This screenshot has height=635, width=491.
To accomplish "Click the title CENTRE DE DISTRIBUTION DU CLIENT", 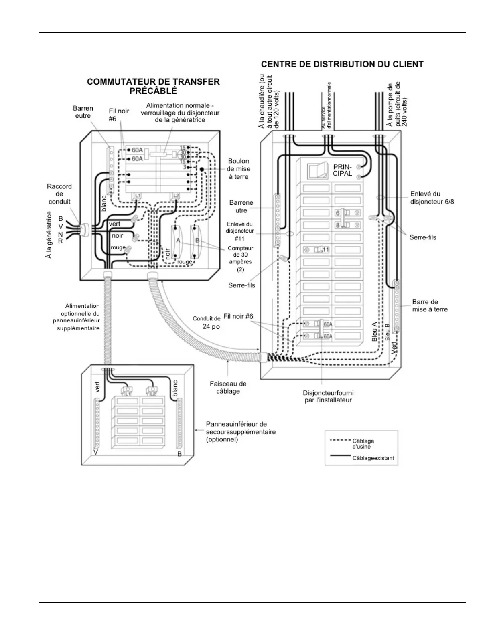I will coord(342,64).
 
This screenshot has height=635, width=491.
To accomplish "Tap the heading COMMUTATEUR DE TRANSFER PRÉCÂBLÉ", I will coord(153,86).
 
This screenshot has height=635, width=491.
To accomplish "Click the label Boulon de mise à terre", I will coord(239,169).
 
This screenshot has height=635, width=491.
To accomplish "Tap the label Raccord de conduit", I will coord(59,194).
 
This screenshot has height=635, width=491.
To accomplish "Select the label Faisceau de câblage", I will coord(228,387).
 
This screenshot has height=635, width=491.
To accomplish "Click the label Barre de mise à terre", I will coord(430,305).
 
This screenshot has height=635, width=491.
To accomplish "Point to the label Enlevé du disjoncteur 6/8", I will coord(432,198).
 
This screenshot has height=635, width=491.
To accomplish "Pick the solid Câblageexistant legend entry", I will coord(361,458).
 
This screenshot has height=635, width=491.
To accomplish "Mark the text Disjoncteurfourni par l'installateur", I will coord(328,396).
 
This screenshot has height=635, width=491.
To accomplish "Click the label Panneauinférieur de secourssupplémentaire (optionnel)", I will coord(240,431).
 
